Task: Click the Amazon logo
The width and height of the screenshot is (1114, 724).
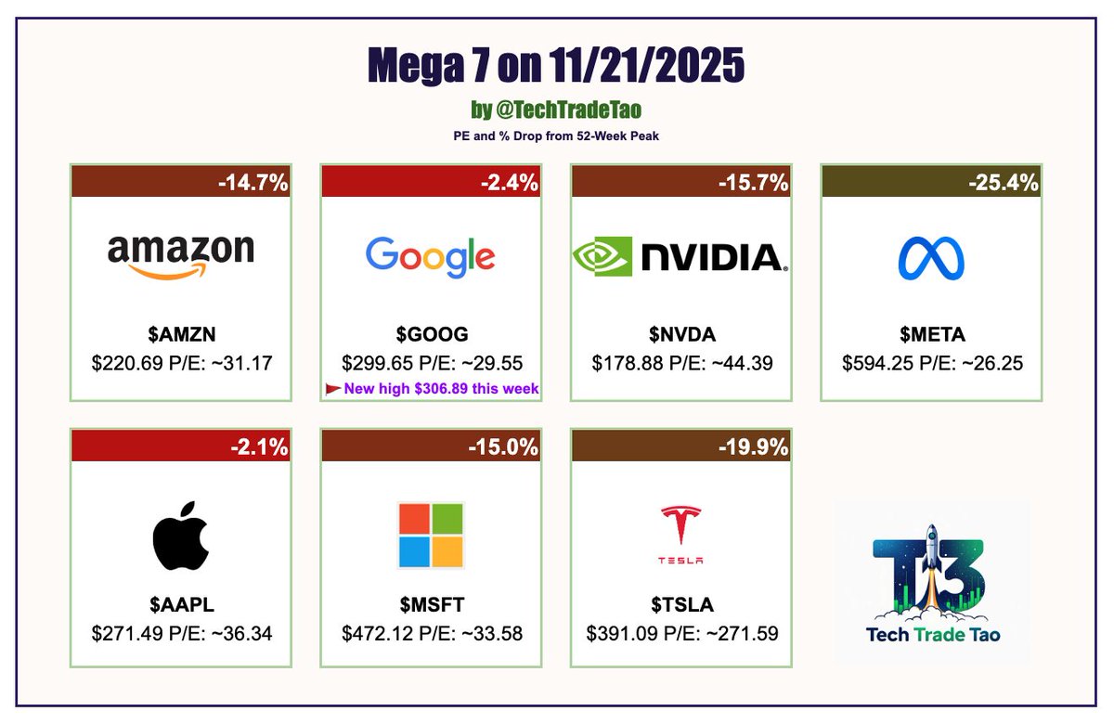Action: [181, 256]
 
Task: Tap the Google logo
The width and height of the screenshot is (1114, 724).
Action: [431, 257]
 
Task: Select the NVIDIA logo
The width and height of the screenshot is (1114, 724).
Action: [680, 256]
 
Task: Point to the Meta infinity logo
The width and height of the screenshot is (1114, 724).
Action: [931, 258]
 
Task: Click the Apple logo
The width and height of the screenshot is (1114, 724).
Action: [181, 536]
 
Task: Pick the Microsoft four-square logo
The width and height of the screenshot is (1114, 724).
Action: [431, 535]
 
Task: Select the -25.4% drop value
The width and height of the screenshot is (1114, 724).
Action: [1004, 183]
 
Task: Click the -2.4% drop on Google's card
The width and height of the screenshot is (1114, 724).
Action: [509, 183]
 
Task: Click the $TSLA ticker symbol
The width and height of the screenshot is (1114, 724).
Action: [681, 605]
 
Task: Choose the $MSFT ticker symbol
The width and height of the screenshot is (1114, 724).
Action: [431, 605]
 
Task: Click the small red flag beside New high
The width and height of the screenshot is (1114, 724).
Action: [332, 389]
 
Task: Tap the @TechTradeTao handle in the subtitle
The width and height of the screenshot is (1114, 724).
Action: [566, 110]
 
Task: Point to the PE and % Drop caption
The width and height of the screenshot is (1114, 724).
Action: [556, 136]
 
